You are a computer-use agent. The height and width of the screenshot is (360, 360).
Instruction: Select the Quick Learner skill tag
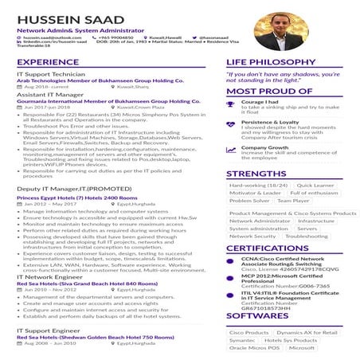click(x=317, y=185)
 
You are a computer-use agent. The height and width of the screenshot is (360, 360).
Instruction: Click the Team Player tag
click(x=293, y=201)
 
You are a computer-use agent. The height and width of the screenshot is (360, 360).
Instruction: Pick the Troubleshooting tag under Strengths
click(x=306, y=237)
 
